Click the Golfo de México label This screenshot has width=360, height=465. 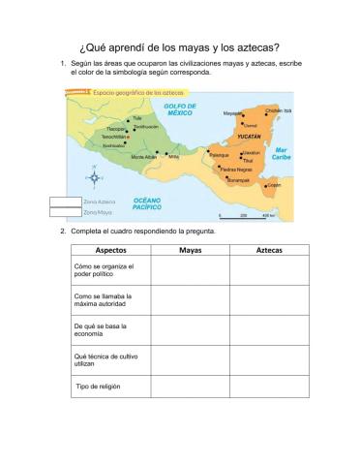click(179, 109)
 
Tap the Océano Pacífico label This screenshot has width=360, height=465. click(146, 203)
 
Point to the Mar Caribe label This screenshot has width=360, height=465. click(281, 154)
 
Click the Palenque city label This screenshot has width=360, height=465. click(219, 155)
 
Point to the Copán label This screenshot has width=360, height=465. click(274, 184)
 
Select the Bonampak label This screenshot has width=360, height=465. click(238, 179)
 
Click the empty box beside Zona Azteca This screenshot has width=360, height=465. click(65, 201)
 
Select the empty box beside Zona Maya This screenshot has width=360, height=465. click(65, 211)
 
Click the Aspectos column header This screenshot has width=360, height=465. click(110, 250)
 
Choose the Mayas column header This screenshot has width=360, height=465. click(191, 250)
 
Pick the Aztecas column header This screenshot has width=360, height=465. click(269, 250)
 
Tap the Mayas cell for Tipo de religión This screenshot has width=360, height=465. click(191, 387)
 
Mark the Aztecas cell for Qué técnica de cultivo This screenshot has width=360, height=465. click(269, 359)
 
